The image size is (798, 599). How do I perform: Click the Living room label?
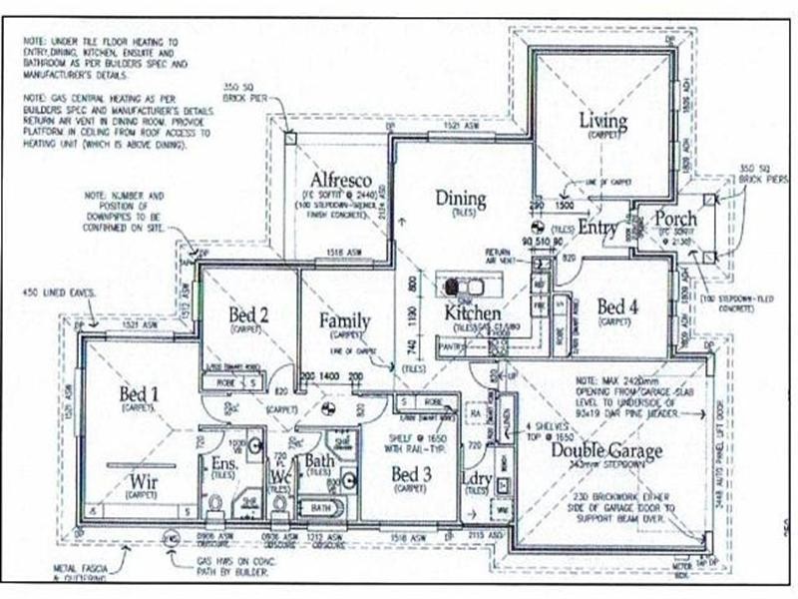coord(603,122)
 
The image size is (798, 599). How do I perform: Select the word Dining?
coord(460,198)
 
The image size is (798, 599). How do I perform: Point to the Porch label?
coord(675,220)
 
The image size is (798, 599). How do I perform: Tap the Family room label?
coord(345,321)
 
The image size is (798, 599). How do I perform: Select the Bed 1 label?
coord(140,393)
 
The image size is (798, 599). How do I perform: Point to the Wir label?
coord(144,483)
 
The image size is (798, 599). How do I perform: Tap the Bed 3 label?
coord(409,473)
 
